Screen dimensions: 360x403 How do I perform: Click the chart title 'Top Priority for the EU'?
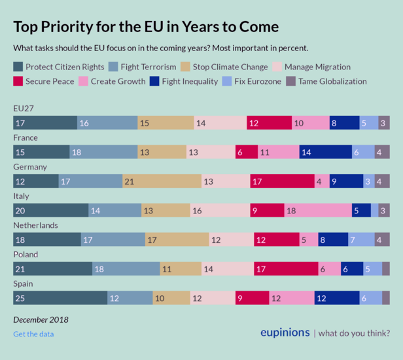(146, 27)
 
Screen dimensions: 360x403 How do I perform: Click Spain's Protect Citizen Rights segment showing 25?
(60, 298)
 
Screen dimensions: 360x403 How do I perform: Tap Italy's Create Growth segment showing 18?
(318, 210)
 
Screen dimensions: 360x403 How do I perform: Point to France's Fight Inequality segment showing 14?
(325, 152)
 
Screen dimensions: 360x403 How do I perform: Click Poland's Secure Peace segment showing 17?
(285, 268)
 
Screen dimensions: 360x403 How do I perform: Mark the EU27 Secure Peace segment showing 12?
(269, 123)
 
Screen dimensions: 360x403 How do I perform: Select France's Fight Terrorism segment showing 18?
(103, 152)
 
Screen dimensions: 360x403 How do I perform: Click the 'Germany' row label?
(30, 168)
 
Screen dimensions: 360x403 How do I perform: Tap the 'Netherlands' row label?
(36, 225)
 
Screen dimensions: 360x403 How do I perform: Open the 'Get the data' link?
(33, 334)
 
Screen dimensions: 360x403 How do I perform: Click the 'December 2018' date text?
(41, 320)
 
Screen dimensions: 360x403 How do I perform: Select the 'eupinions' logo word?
(285, 333)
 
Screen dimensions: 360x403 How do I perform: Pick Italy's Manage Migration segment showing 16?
(220, 210)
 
